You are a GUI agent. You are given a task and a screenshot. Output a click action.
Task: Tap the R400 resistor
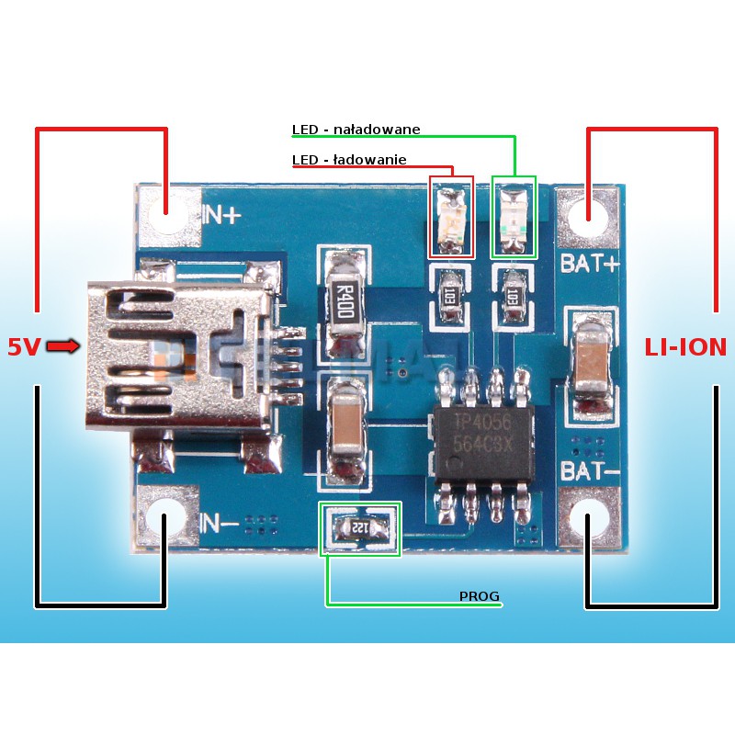[345, 299]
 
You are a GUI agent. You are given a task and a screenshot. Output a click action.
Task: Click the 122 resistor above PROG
[359, 528]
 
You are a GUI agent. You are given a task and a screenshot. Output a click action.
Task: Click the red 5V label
[24, 346]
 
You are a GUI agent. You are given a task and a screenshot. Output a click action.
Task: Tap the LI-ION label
[684, 347]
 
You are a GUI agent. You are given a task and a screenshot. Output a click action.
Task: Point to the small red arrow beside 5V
[63, 345]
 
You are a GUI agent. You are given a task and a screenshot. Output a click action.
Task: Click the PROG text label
[479, 597]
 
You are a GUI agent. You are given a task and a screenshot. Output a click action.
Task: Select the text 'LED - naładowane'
[356, 130]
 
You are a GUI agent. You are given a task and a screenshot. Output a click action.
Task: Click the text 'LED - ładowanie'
[349, 160]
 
